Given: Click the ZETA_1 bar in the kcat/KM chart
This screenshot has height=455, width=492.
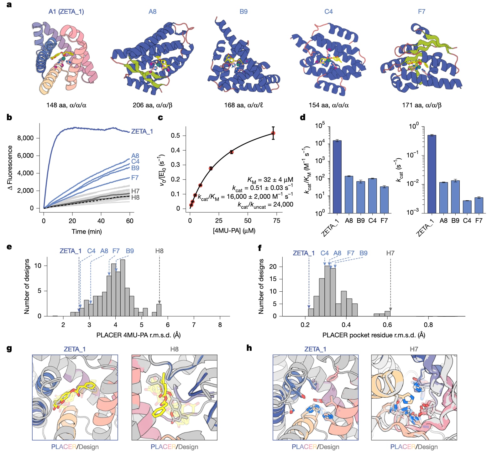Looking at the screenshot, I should coord(337,177).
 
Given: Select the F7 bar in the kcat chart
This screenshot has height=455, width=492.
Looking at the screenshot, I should coord(479,205).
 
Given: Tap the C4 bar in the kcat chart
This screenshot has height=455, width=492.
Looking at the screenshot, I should coord(467,207).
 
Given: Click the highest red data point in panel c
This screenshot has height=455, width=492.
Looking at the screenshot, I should coord(273,133).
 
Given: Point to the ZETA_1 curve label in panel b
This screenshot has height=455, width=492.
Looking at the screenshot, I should coord(142,131).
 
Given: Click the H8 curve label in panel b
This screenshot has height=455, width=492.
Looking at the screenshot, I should coord(135,197).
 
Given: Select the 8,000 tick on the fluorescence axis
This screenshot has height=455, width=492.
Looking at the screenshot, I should coord(25,138).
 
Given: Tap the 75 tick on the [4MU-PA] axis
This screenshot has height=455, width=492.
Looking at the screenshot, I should coord(276,221).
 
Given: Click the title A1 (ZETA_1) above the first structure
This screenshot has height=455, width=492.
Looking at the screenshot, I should coord(66,12).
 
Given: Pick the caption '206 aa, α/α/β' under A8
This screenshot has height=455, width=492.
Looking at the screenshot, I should coord(152,105).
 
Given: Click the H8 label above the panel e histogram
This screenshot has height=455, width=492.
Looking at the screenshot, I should coord(159,251).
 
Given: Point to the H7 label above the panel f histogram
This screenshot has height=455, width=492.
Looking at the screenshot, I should coord(390,253).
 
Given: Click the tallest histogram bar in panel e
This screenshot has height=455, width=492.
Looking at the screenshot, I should coord(123,288).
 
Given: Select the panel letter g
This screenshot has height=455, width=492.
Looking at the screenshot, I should coord(9,348).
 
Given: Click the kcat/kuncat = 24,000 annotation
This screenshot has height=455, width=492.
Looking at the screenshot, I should coord(265,205).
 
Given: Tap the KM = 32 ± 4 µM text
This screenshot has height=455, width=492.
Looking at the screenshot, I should coord(270,180).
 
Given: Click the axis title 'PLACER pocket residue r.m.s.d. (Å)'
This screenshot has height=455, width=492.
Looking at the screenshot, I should coord(374,335).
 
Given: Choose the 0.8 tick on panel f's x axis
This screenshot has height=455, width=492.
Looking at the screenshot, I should coord(428,325).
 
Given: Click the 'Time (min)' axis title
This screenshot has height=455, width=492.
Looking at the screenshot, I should coord(86,232).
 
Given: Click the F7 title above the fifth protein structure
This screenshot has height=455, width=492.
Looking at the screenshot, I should coord(421,12).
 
